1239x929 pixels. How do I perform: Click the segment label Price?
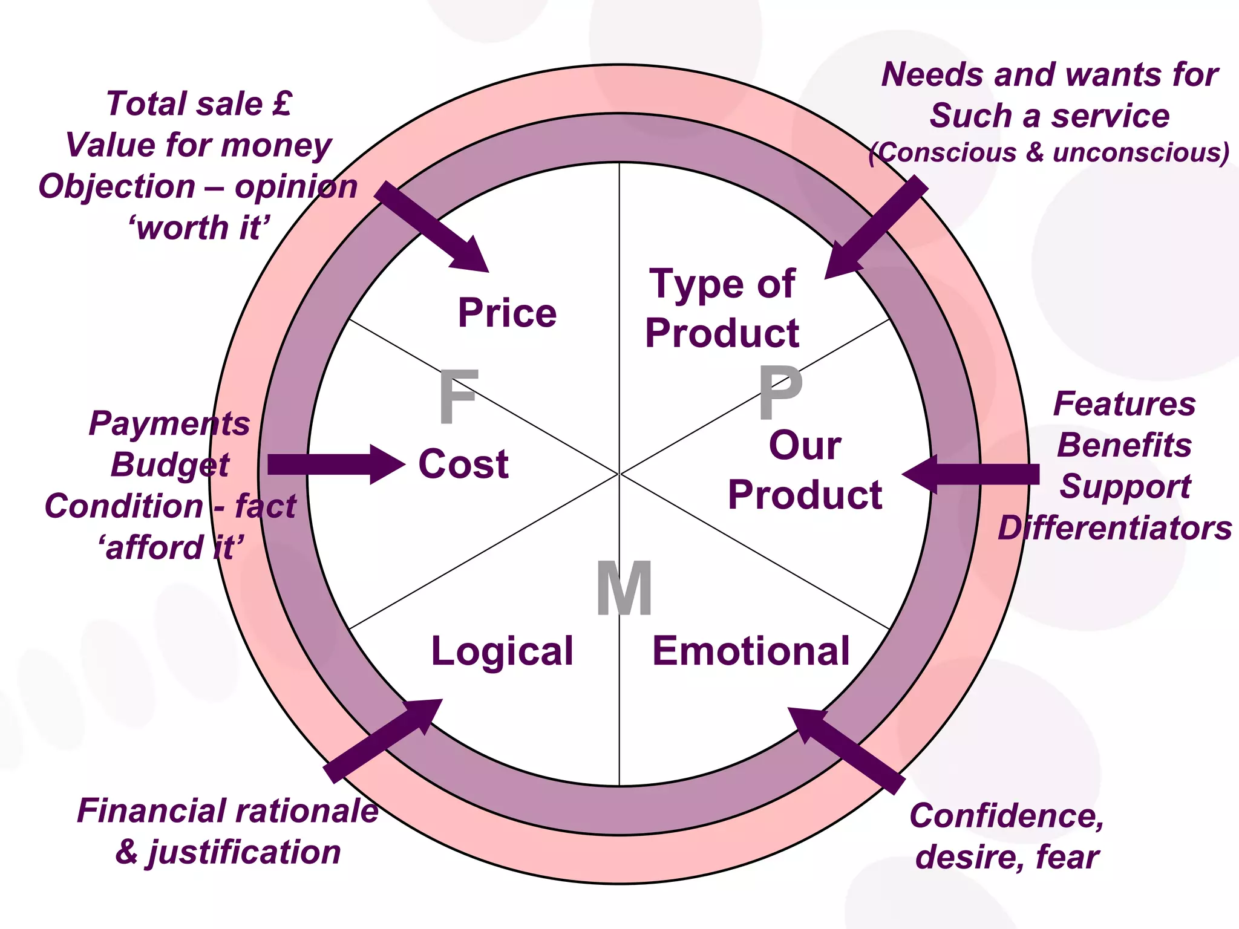click(x=507, y=313)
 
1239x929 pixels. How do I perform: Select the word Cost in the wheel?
click(x=463, y=464)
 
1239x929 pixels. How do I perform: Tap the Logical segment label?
click(x=502, y=652)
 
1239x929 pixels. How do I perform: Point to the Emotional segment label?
click(x=751, y=652)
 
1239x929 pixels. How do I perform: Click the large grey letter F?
click(x=458, y=397)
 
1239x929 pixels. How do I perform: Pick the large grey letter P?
click(x=780, y=393)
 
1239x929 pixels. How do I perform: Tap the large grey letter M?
click(x=624, y=588)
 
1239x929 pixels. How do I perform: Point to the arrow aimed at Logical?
click(x=384, y=740)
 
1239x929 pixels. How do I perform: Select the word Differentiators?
click(x=1114, y=528)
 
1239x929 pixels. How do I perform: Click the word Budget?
click(x=170, y=465)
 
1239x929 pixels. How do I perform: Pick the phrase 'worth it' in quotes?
click(x=199, y=228)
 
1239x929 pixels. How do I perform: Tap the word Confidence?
click(x=1007, y=816)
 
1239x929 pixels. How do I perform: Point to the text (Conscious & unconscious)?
click(x=1048, y=152)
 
